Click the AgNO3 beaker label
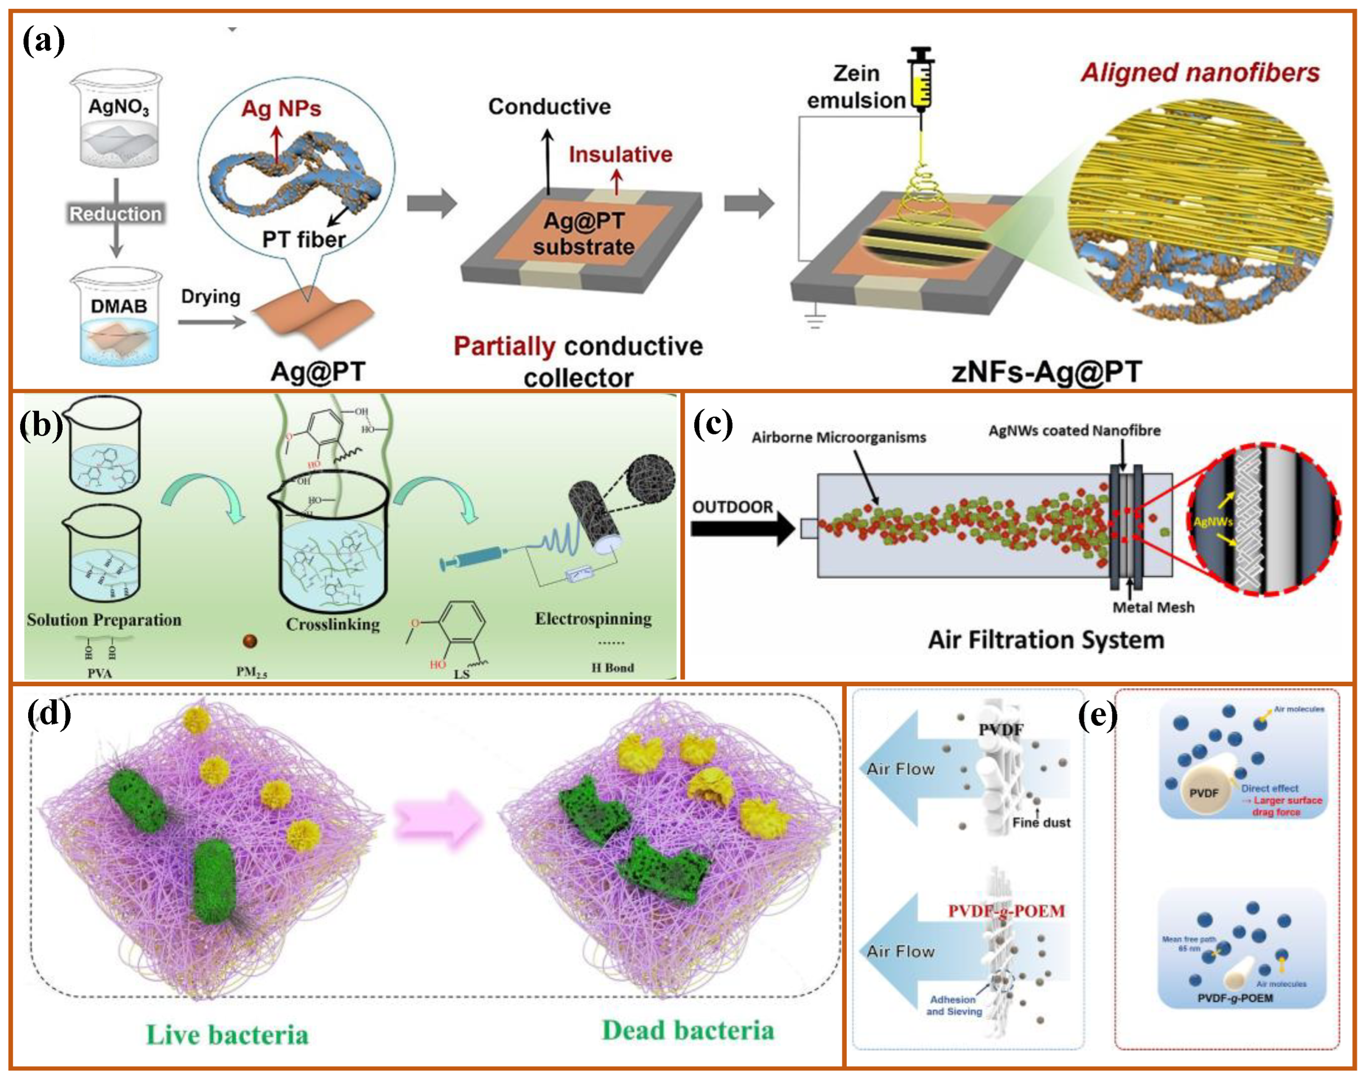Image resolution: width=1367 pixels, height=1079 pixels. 118,106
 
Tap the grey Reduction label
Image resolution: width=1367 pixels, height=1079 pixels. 116,213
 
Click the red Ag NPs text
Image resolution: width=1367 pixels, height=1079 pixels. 281,109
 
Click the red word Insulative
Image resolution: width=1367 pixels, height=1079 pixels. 621,154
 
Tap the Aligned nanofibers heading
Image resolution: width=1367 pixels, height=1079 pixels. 1200,73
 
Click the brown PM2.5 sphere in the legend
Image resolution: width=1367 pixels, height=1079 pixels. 250,641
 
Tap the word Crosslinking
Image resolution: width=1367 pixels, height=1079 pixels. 333,624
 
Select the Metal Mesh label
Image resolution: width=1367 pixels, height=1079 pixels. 1153,607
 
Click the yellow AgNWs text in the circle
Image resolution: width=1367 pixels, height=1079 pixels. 1213,522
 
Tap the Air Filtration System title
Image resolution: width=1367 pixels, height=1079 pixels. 1045,640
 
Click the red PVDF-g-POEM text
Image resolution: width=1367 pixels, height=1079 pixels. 1006,911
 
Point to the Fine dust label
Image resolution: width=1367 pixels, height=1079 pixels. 1041,823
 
